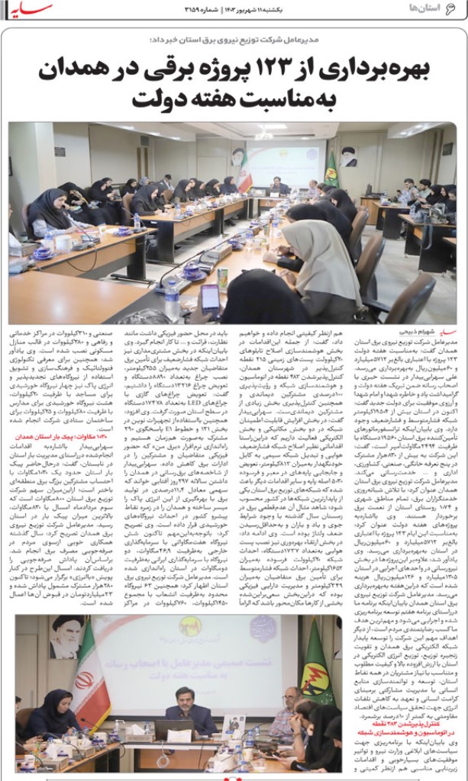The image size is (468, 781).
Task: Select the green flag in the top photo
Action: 331,169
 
